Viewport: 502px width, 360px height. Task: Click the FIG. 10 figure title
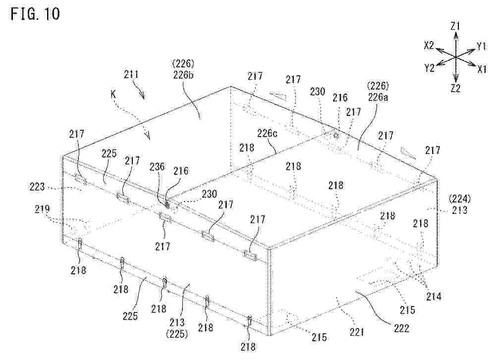pos(35,14)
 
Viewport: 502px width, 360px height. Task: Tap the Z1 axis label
pos(455,26)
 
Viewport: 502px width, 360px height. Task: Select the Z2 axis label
pos(455,88)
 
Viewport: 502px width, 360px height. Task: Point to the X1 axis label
pos(482,69)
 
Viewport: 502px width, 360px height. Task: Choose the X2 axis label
pos(429,46)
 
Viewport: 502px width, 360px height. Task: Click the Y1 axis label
pos(482,47)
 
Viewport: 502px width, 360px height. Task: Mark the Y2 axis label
pos(429,68)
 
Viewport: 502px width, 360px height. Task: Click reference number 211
pos(131,75)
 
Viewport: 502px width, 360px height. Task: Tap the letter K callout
pos(113,94)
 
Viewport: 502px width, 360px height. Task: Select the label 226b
pos(183,75)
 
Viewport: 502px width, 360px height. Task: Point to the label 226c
pos(267,133)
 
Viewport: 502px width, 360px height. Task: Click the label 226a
pos(378,97)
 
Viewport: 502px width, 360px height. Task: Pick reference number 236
pos(157,166)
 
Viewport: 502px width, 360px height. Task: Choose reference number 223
pos(37,187)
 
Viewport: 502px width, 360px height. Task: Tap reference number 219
pos(42,209)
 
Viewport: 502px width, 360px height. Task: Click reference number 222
pos(401,328)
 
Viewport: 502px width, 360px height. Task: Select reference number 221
pos(357,332)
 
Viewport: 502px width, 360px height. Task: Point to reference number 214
pos(434,297)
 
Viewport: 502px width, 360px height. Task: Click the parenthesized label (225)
pos(177,334)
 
